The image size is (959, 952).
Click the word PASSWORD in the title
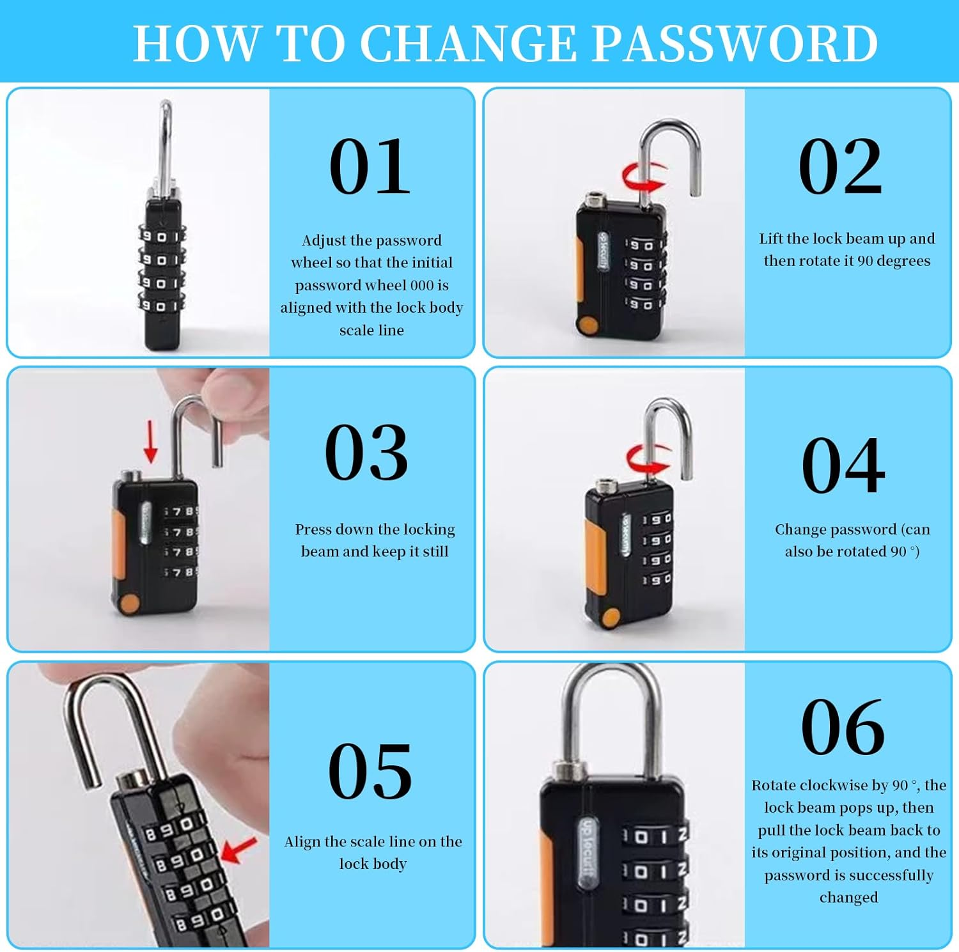coord(735,43)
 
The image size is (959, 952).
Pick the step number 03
coord(366,453)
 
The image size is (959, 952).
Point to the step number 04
coord(843,465)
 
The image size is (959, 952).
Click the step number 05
coord(370,772)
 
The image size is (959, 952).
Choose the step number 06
coord(843,728)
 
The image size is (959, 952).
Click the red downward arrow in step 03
coord(151,441)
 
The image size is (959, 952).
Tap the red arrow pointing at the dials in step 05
coord(238,850)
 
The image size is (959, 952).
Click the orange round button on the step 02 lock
coord(588,324)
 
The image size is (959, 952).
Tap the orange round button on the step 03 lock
coord(130,603)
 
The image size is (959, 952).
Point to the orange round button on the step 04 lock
coord(611,617)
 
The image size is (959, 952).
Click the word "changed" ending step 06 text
coord(848,898)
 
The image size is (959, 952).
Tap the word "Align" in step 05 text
coord(302,841)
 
